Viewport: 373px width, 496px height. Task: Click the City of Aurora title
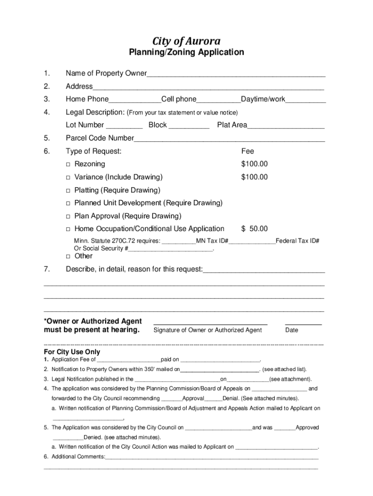coord(186,41)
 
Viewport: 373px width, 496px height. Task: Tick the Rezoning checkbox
coord(69,165)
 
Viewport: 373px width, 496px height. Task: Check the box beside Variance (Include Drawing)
coord(69,178)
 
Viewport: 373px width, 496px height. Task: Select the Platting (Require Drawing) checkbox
coord(69,190)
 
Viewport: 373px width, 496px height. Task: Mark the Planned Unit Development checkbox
coord(69,203)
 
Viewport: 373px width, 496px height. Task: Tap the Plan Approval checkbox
coord(69,216)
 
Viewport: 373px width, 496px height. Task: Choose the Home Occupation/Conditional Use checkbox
coord(69,229)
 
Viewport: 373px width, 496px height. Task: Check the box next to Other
coord(69,256)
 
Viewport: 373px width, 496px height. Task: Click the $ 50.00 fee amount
coord(254,229)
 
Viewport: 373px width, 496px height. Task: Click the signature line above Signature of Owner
coord(210,324)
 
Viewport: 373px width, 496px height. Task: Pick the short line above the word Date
coord(303,324)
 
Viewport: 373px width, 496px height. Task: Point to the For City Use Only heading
coord(72,352)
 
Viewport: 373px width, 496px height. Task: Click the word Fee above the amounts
coord(248,151)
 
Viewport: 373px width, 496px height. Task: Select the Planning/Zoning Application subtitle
coord(186,52)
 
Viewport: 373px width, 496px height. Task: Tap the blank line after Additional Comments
coord(212,458)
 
